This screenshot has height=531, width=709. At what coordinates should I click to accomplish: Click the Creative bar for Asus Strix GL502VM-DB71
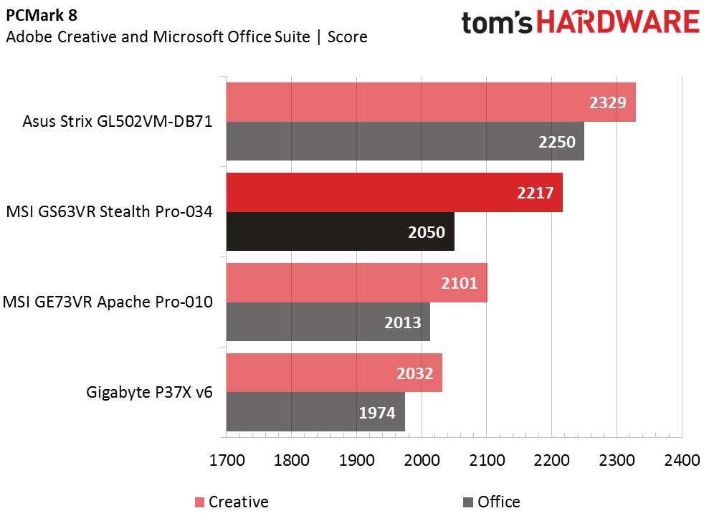coord(430,102)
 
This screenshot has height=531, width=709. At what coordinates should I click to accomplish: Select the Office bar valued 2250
coord(405,141)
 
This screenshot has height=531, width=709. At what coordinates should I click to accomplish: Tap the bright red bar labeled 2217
coord(394,192)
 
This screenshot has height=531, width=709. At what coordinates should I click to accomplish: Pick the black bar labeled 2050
coord(340,231)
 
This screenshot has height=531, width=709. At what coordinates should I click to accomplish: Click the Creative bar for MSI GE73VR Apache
coord(356,282)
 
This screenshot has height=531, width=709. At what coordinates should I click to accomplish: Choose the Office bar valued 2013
coord(328,322)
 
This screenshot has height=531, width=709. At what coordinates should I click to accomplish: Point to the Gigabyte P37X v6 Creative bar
coord(334,373)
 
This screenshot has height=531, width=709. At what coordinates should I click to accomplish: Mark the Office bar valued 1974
coord(315,412)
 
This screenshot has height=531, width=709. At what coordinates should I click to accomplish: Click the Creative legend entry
coord(231,502)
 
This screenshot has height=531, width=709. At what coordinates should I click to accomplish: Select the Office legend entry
coord(492,502)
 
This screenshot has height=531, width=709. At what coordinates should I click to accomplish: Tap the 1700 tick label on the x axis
coord(227,460)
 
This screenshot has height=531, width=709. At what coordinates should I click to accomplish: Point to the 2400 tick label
coord(681,460)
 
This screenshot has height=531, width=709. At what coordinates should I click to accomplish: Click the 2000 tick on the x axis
coord(422,460)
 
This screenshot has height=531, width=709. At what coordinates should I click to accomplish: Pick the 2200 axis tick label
coord(551,460)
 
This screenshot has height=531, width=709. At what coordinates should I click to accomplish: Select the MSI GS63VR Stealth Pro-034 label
coord(109,212)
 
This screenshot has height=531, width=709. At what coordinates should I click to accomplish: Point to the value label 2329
coord(608,102)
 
